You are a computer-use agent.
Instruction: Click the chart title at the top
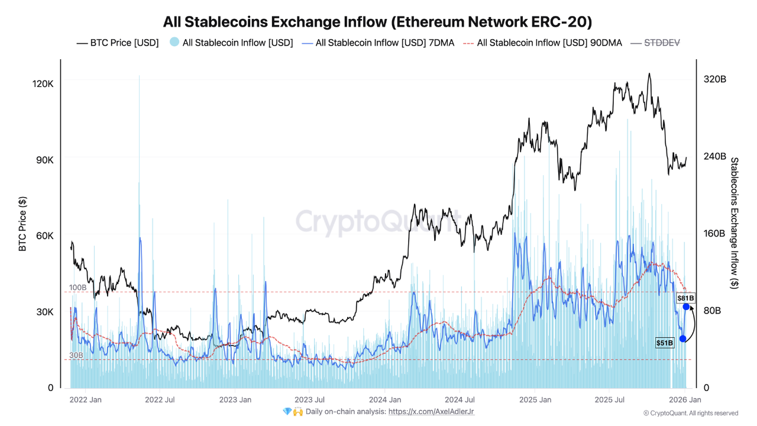tap(378, 22)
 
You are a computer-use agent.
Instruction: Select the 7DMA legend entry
tap(378, 43)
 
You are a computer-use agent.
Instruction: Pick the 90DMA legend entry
tap(542, 43)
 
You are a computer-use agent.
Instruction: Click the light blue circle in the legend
tap(174, 42)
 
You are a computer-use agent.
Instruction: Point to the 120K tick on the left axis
tap(42, 83)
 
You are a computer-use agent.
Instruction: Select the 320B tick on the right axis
tap(714, 79)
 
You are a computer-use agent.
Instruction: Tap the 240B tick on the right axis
tap(714, 156)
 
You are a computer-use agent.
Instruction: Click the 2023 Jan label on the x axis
tap(235, 400)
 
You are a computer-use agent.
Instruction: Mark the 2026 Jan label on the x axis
tap(685, 400)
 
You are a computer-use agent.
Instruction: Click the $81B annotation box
tap(686, 298)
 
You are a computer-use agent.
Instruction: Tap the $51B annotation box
tap(665, 343)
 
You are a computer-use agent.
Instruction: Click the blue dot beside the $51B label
tap(682, 338)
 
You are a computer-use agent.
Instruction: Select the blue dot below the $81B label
tap(686, 306)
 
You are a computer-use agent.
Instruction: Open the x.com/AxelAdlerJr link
tap(431, 411)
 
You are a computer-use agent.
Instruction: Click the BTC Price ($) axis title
tap(22, 224)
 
